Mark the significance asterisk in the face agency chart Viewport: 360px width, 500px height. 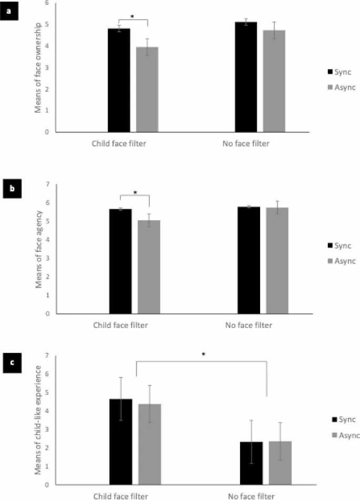pyautogui.click(x=135, y=193)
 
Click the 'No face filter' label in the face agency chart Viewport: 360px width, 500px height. pyautogui.click(x=249, y=325)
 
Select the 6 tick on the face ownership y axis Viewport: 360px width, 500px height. pyautogui.click(x=47, y=3)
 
